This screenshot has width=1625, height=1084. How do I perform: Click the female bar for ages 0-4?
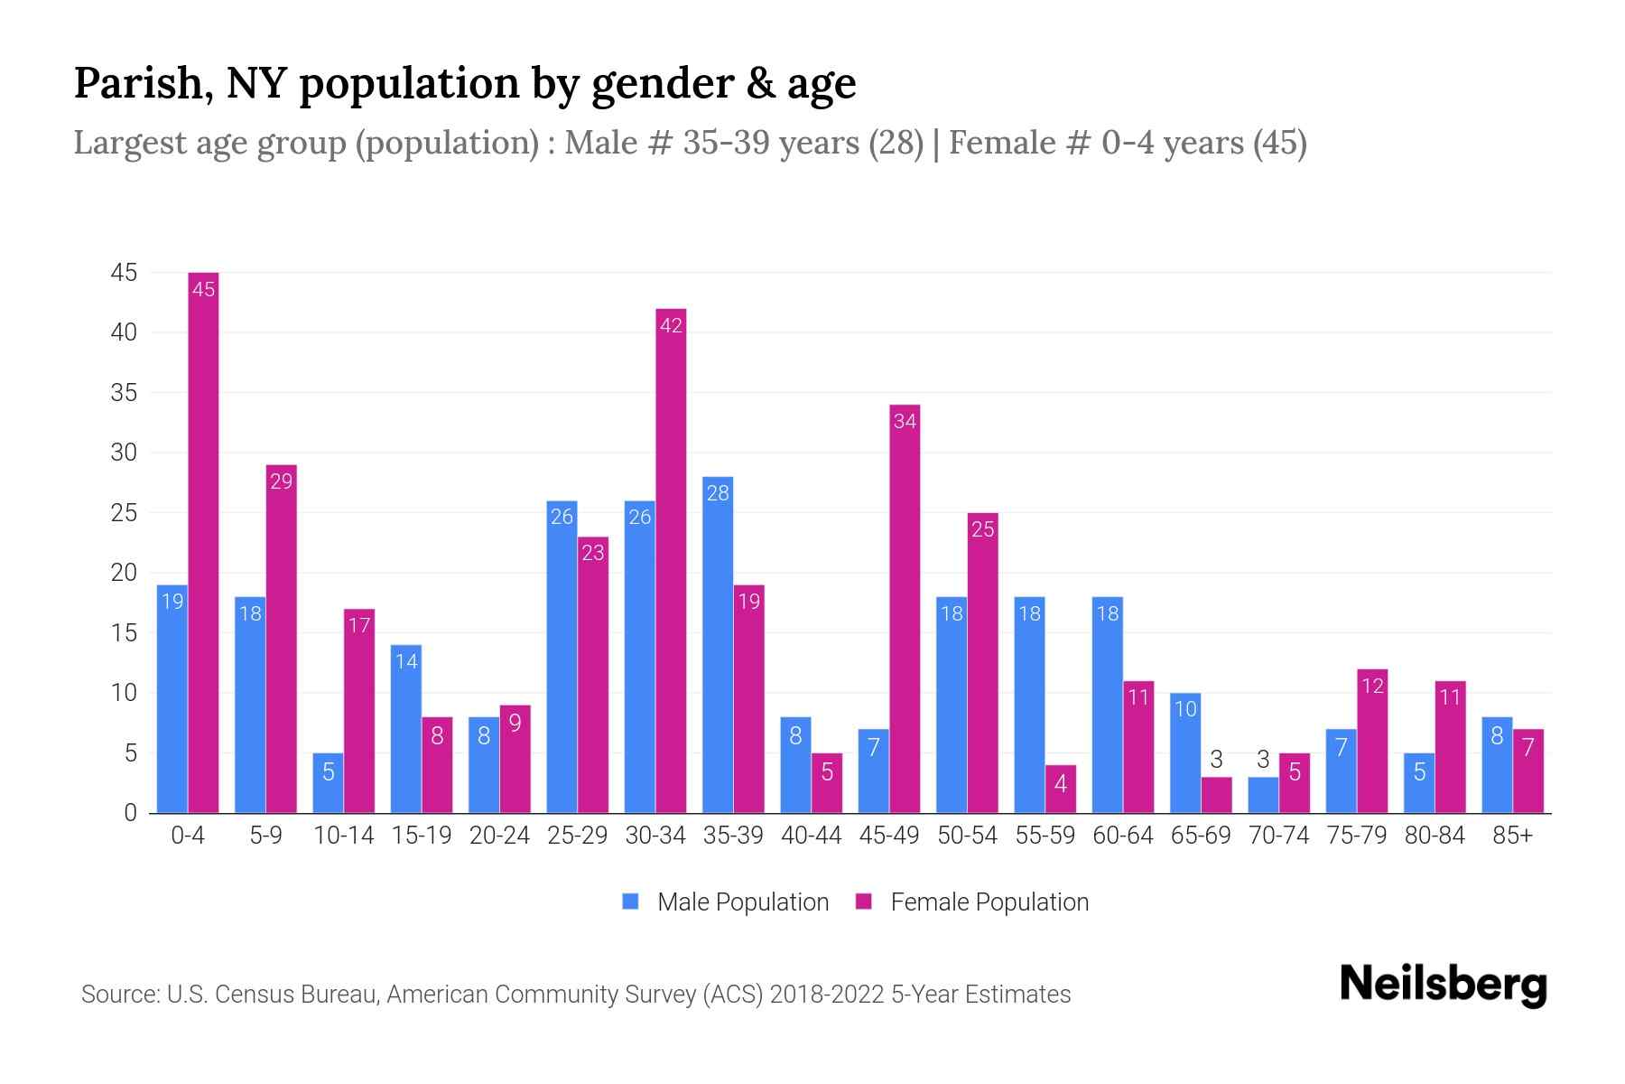(203, 542)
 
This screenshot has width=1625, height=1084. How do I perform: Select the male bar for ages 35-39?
(718, 645)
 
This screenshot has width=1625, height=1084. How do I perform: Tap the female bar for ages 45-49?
(905, 609)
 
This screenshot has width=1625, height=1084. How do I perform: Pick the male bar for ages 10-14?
(328, 783)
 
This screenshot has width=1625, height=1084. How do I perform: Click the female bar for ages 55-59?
(1061, 790)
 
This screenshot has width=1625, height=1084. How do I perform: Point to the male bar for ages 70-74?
(1263, 795)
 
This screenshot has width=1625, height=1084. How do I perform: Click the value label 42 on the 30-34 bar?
(671, 325)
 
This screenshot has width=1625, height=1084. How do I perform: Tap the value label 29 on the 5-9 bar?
(282, 481)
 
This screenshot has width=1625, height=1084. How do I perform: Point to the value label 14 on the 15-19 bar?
(406, 661)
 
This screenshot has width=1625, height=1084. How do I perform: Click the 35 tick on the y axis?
(124, 393)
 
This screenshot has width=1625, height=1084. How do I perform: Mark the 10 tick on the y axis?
(124, 693)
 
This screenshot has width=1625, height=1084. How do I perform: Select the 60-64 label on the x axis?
(1122, 836)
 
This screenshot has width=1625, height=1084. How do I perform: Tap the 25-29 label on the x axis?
(577, 836)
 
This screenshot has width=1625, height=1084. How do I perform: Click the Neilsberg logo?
(1443, 985)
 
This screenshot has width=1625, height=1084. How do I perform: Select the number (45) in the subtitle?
(1279, 143)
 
